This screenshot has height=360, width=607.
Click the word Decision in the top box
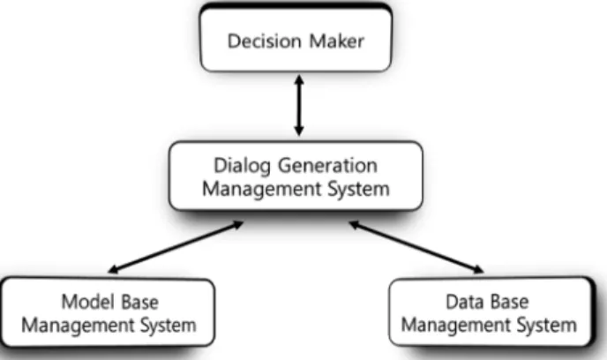pos(265,41)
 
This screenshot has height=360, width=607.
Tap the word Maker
pos(337,41)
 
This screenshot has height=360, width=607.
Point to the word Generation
pos(327,166)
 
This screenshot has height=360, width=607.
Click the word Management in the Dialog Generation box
pos(262,190)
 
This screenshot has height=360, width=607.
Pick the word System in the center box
pos(358,190)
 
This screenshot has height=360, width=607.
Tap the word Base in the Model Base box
pos(140,302)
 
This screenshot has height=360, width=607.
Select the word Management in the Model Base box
pos(77,326)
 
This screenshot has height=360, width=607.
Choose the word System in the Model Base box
pos(168,326)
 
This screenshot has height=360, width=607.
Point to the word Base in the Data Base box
pos(509,302)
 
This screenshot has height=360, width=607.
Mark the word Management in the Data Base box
pos(456,326)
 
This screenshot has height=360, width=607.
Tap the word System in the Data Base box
pos(547,326)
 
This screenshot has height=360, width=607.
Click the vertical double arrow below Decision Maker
pos(299,105)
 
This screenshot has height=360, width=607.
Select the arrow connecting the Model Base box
pos(176,247)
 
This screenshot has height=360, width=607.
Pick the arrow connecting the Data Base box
pos(416,247)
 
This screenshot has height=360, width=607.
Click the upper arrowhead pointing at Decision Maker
pos(299,79)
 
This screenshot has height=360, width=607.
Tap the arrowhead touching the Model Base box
pos(113,269)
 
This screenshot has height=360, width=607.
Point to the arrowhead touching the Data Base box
pos(479,269)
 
